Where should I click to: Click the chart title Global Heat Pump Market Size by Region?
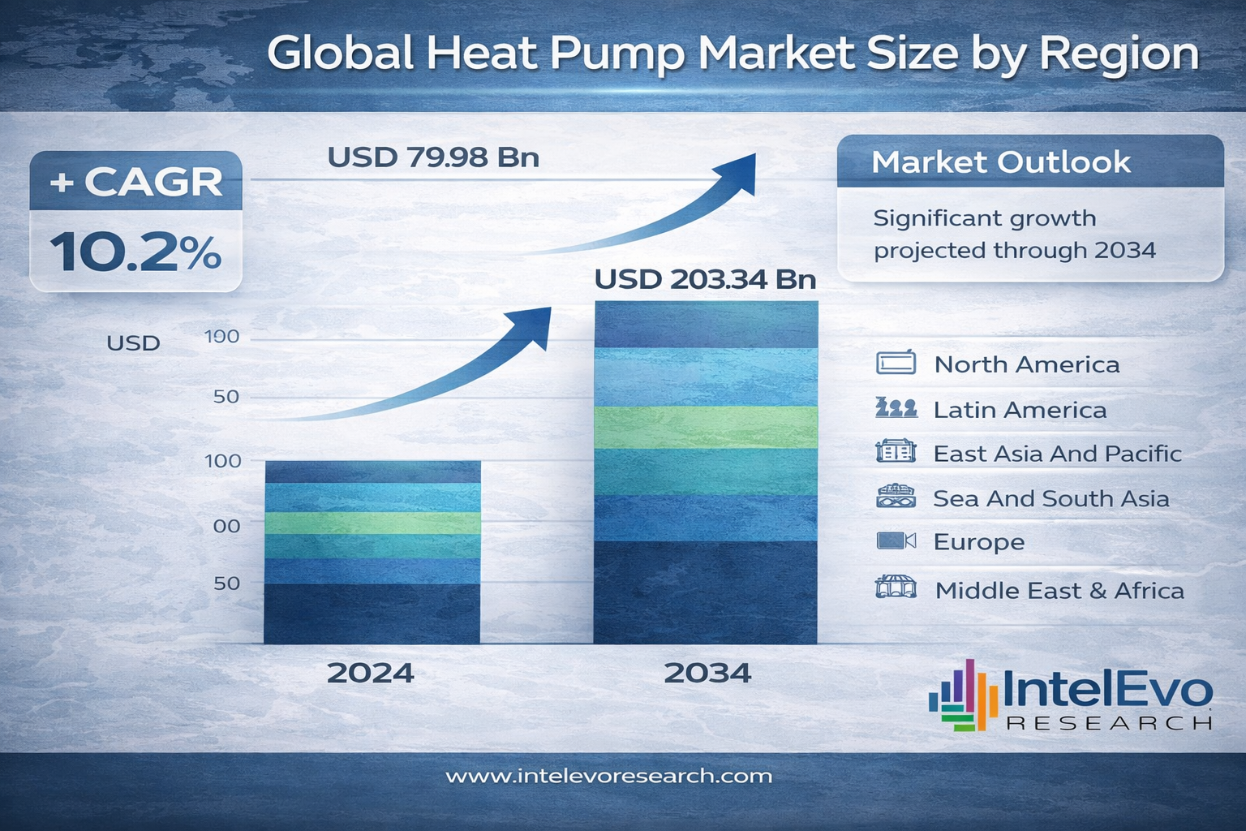[733, 54]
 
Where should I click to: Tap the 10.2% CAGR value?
[135, 252]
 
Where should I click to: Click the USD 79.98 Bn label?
[433, 157]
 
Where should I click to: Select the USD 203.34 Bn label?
[705, 279]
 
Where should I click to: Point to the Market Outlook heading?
[1000, 162]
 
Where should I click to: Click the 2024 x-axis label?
[371, 673]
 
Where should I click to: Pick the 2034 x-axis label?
[707, 673]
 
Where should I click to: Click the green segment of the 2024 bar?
[372, 523]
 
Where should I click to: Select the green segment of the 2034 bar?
[706, 427]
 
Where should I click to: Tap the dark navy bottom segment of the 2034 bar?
[706, 592]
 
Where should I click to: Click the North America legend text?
[1026, 364]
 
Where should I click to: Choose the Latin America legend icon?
[896, 408]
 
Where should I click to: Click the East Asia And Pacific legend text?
[1057, 454]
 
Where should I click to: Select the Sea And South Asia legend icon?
[896, 497]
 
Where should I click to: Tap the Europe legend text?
[978, 542]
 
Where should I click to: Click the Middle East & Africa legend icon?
[896, 588]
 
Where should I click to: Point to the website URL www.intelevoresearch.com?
[608, 777]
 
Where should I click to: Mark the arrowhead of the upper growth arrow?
[738, 172]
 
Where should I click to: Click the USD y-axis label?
[133, 343]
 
